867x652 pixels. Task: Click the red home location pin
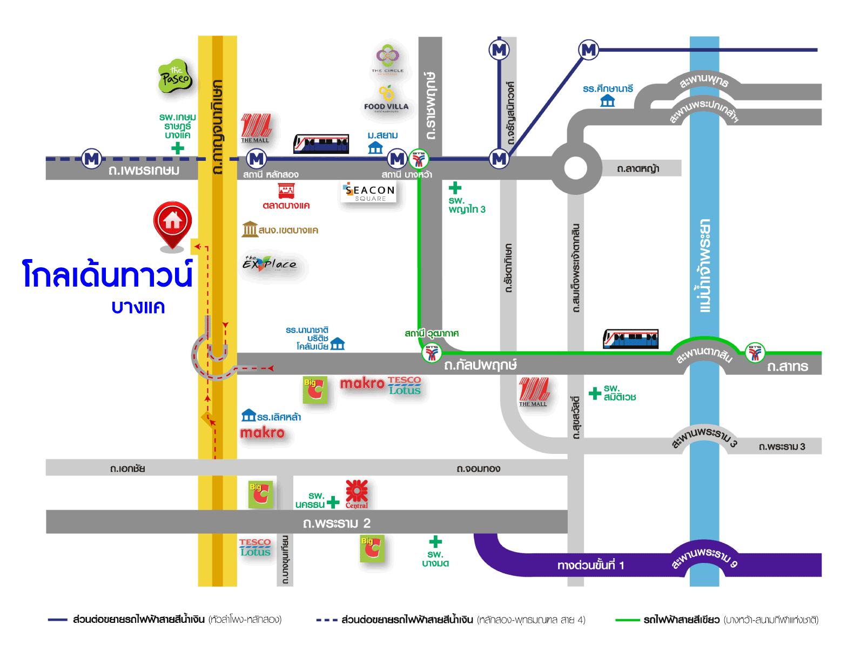point(172,223)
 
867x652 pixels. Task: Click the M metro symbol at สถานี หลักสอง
point(257,159)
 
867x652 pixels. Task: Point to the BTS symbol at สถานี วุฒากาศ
point(432,354)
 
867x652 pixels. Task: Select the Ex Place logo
point(270,264)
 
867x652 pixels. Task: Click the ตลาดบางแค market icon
point(286,191)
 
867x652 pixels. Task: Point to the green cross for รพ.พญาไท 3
point(455,188)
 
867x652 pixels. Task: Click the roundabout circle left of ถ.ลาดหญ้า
point(576,168)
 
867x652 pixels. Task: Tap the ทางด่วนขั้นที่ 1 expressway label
point(590,565)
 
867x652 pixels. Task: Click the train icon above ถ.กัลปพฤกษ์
point(630,339)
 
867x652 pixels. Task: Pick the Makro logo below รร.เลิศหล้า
point(263,433)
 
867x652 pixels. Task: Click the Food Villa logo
point(386,100)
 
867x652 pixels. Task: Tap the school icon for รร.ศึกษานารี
point(608,101)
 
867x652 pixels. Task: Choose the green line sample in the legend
point(628,620)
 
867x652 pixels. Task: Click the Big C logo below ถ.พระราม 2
point(372,548)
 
